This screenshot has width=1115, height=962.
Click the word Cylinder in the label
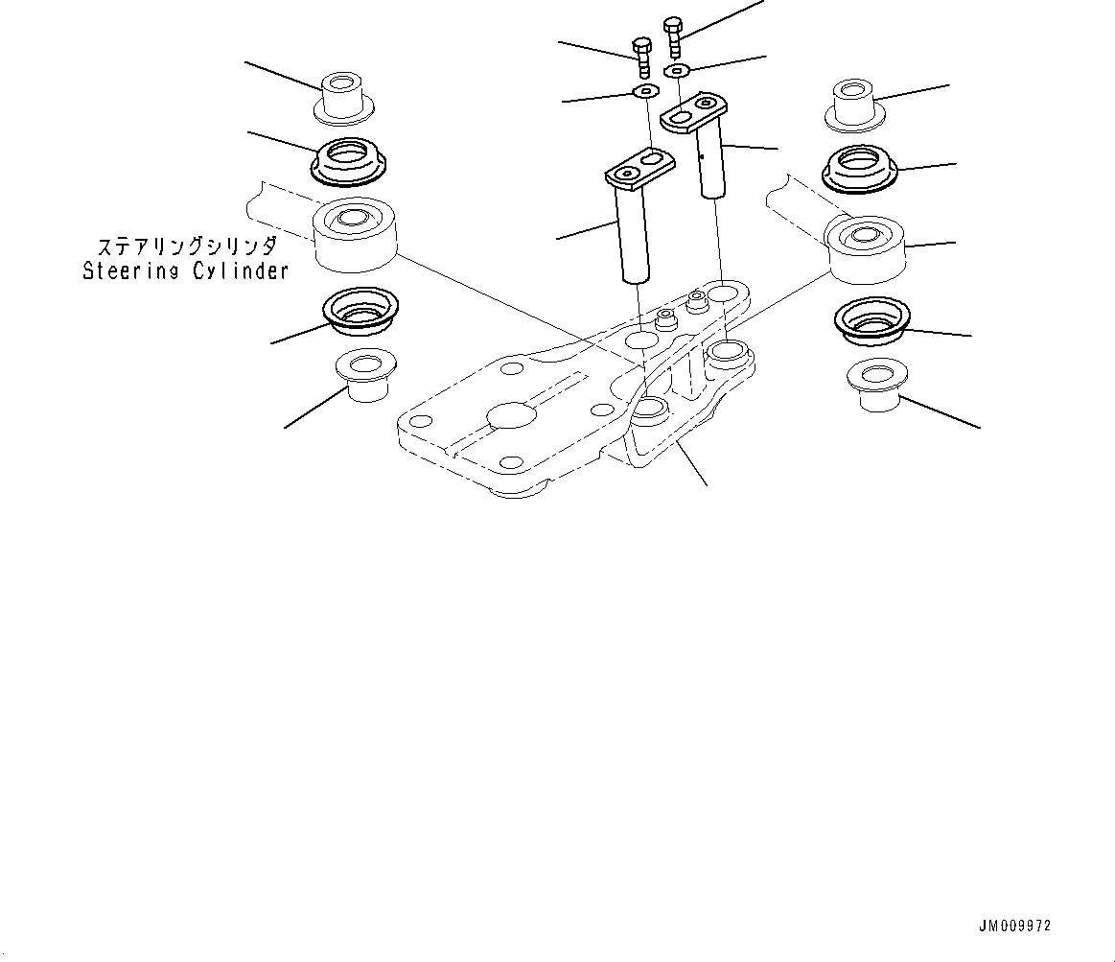pos(244,271)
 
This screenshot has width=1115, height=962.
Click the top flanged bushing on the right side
pos(853,105)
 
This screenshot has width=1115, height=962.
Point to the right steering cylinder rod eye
pos(864,246)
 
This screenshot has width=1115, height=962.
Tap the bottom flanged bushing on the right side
pos(874,387)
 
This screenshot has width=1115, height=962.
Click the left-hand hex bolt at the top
pos(643,57)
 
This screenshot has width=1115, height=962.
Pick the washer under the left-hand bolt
pos(645,92)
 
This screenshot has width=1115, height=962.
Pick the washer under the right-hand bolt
pos(678,70)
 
